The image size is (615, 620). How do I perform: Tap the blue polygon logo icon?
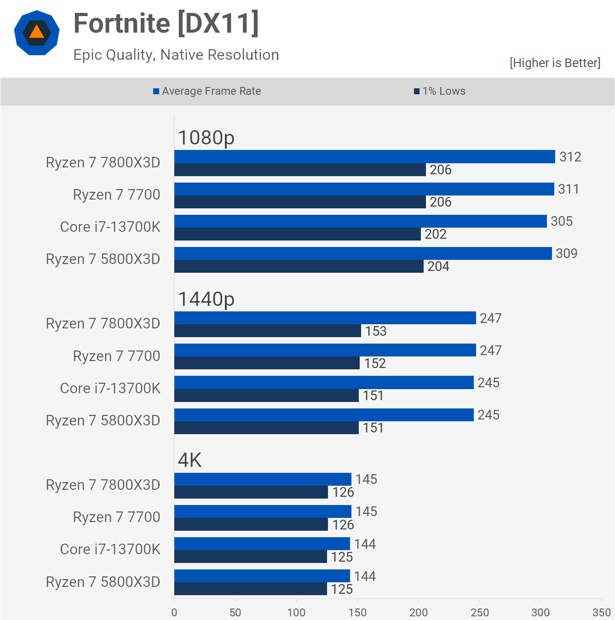tap(37, 33)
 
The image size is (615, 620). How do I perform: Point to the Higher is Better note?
tap(555, 63)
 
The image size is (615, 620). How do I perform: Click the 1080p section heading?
tap(206, 138)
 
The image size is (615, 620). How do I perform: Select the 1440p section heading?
tap(206, 299)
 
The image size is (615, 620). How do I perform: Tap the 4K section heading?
tap(190, 460)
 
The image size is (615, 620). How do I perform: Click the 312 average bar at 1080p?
tap(364, 157)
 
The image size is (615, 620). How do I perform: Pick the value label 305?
tap(562, 221)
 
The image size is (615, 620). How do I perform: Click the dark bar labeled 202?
tap(297, 234)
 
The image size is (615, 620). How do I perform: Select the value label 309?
tap(566, 253)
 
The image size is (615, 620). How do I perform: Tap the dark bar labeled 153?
tap(267, 331)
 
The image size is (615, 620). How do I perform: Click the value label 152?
tap(375, 363)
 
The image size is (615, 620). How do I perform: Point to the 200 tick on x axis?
tap(419, 612)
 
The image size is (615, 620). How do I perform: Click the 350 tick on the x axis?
tap(601, 612)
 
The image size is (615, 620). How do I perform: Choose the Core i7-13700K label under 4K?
tap(110, 549)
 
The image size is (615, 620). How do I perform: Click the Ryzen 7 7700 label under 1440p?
tap(116, 356)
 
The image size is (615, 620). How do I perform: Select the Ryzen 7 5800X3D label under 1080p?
tap(103, 259)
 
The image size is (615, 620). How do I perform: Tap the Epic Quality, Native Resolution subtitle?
tap(176, 55)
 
